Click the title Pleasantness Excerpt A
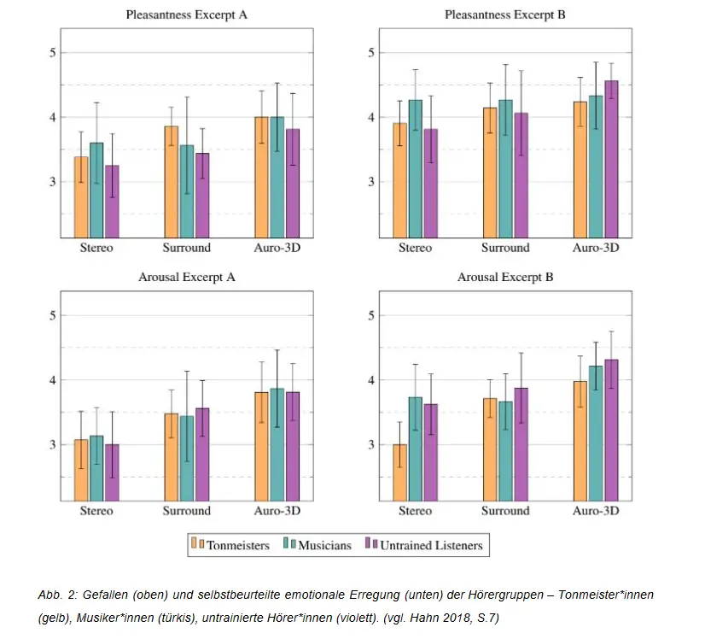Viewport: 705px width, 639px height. coord(186,15)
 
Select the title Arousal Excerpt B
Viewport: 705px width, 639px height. coord(505,278)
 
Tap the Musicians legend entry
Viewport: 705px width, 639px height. coord(322,545)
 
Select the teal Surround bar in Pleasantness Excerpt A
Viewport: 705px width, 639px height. coord(186,191)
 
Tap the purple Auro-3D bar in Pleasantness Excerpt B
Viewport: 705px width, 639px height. coord(611,159)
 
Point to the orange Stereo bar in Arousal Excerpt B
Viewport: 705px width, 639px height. coord(399,472)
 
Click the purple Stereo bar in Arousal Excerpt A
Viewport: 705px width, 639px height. coord(112,472)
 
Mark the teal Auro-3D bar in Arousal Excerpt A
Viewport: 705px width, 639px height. coord(276,444)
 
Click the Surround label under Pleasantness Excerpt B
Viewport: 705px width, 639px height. coord(505,248)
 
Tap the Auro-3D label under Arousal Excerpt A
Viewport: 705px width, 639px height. coord(277,511)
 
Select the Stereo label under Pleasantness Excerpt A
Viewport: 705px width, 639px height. coord(96,248)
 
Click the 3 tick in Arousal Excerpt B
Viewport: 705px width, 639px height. coord(372,445)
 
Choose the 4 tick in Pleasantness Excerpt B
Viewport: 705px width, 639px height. coord(372,117)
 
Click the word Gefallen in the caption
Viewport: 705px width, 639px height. coord(100,594)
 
